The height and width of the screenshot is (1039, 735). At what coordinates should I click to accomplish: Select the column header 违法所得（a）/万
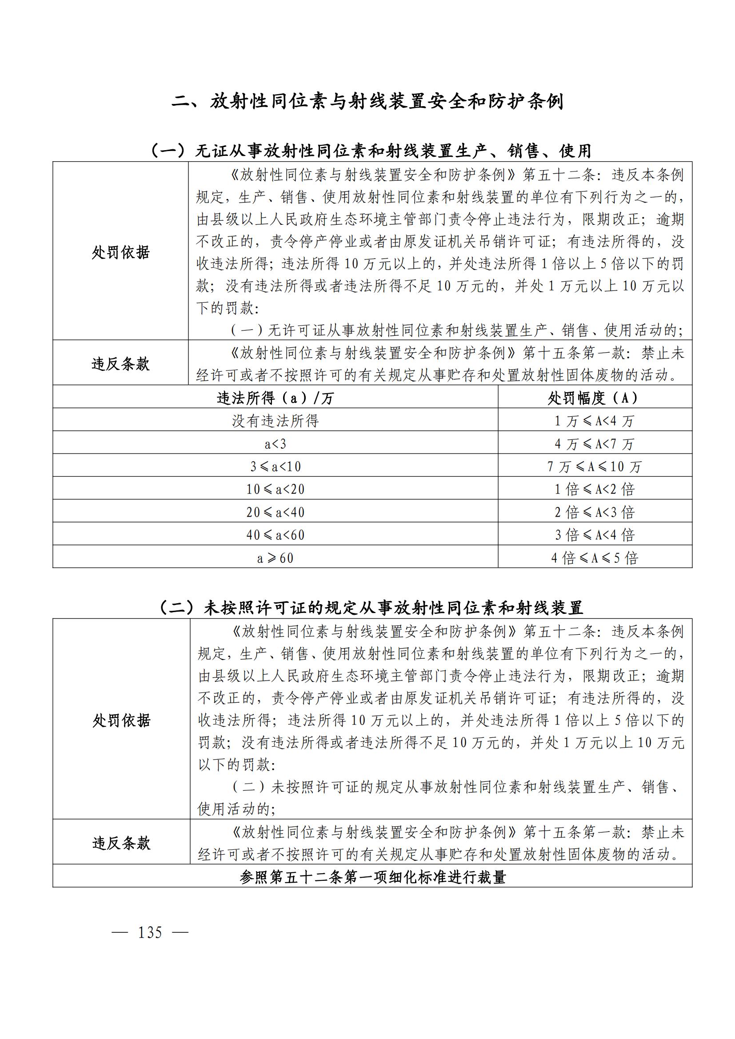(x=275, y=398)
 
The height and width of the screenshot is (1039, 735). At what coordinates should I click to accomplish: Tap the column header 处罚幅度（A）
(x=594, y=398)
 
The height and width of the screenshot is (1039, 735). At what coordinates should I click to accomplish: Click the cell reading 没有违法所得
(x=275, y=421)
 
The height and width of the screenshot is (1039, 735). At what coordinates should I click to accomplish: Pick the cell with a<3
(x=275, y=443)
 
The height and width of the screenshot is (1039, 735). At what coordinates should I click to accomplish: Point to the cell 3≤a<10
(x=275, y=466)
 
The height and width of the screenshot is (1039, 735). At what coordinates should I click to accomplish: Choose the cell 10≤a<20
(x=275, y=489)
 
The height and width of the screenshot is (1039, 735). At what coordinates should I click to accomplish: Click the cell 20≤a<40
(x=275, y=512)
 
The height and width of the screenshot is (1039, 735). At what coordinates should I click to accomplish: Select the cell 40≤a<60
(x=275, y=535)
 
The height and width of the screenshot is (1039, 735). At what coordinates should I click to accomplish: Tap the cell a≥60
(x=275, y=558)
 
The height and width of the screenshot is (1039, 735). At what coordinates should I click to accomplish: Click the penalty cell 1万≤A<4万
(x=594, y=421)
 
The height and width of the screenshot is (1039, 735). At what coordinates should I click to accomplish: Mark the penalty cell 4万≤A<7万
(x=594, y=443)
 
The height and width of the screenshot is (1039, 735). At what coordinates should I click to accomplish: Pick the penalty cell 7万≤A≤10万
(x=594, y=466)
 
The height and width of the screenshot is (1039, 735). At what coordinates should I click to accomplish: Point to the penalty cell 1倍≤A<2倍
(x=594, y=489)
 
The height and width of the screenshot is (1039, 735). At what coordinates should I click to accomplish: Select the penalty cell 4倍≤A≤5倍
(x=594, y=558)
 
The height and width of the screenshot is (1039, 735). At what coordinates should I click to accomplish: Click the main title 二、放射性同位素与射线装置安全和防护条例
(x=367, y=101)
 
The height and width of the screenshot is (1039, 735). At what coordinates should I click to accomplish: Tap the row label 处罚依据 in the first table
(x=120, y=252)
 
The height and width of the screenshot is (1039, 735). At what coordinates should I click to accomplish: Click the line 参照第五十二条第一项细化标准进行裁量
(x=372, y=877)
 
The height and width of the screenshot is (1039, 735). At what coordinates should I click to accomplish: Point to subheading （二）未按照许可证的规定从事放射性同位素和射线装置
(x=371, y=607)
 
